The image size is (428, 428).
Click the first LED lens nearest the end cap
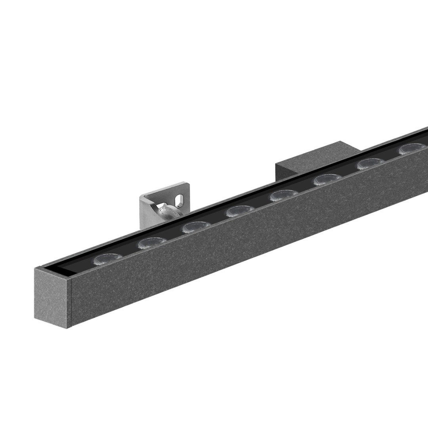108,259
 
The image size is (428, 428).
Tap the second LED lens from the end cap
152,243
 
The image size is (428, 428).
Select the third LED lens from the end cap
196,227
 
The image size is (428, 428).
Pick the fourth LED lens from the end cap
240,211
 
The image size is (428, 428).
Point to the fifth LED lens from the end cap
284,195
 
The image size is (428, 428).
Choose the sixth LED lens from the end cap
327,180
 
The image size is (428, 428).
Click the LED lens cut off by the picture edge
414,148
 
